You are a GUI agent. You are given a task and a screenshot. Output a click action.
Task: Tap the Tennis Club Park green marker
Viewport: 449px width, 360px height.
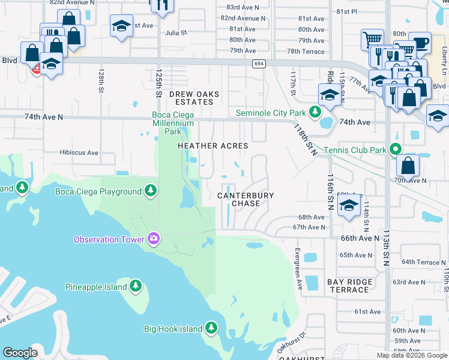[395, 149]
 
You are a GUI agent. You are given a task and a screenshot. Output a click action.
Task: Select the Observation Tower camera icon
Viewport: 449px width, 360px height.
[153, 239]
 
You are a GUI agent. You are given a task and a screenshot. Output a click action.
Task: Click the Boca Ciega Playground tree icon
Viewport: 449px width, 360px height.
[151, 191]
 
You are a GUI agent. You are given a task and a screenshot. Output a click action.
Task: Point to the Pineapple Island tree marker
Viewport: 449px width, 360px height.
[136, 286]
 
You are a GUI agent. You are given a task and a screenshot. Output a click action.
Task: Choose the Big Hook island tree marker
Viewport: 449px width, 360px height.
[211, 328]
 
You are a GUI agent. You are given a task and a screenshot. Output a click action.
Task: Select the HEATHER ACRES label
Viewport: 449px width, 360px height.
[212, 146]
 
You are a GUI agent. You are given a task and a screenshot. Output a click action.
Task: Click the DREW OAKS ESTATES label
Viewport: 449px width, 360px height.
[194, 98]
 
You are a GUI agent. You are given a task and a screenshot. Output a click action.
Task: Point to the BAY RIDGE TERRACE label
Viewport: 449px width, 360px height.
[350, 286]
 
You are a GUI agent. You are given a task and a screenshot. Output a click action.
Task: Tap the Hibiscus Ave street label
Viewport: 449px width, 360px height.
[79, 152]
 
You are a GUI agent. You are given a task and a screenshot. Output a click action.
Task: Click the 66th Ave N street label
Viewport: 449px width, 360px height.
[360, 238]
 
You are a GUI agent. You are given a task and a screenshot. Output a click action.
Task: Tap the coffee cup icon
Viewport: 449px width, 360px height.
[420, 43]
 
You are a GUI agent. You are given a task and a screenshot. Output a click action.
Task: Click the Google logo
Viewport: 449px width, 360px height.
[20, 352]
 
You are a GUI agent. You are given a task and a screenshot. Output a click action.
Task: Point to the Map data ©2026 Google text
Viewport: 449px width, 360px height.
[411, 355]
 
